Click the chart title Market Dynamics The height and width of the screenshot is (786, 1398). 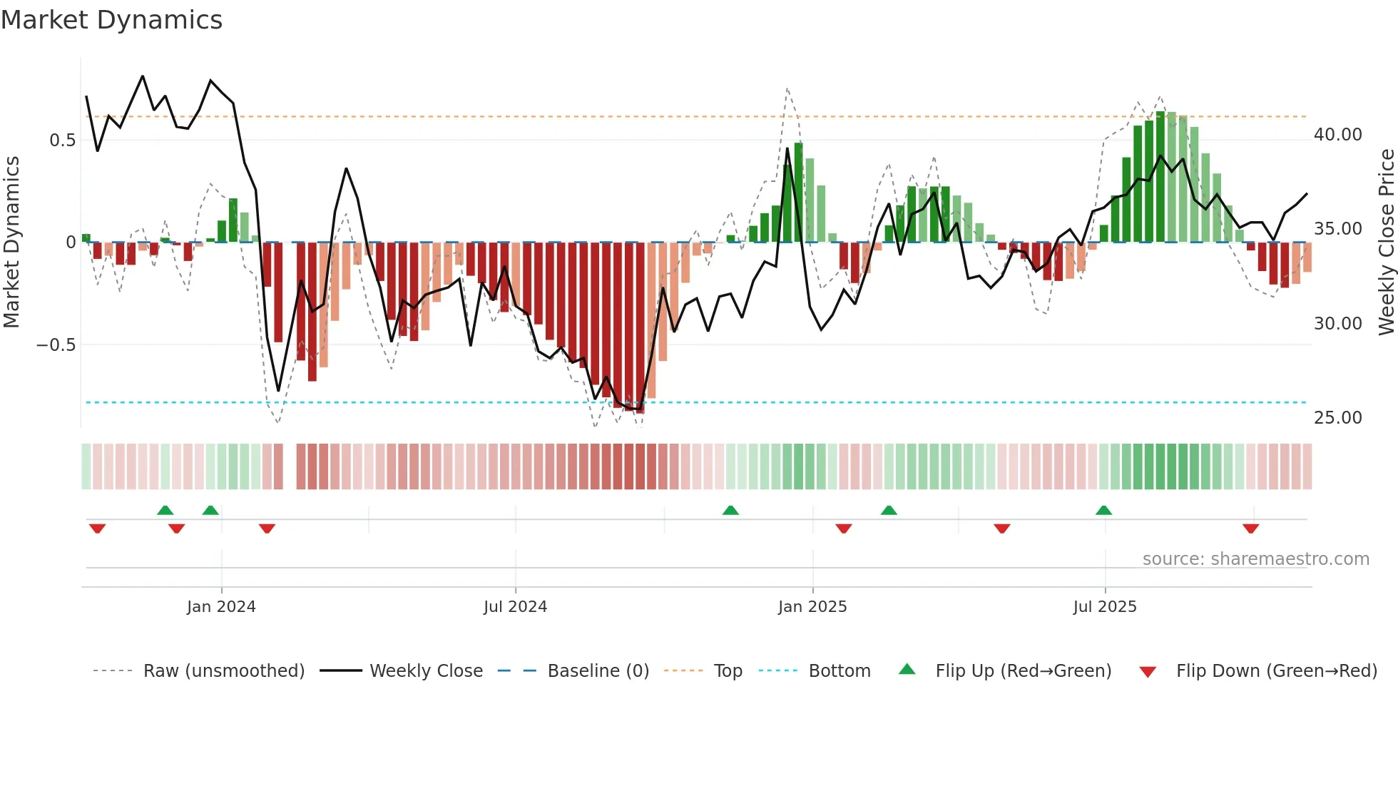click(x=111, y=20)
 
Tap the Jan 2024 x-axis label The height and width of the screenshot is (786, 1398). click(x=221, y=607)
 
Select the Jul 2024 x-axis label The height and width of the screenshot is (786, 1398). click(x=515, y=607)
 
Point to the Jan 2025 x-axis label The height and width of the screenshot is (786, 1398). click(x=812, y=607)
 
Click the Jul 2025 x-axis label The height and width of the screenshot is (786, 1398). click(x=1105, y=607)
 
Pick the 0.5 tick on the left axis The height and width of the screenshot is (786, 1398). click(x=62, y=141)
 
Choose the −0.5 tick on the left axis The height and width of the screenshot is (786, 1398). click(x=56, y=345)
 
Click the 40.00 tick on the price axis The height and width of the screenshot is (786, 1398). click(x=1337, y=135)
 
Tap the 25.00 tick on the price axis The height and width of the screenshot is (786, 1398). click(x=1337, y=418)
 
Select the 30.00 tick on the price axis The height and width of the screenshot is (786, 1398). click(x=1337, y=324)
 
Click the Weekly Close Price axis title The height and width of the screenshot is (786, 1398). click(x=1386, y=242)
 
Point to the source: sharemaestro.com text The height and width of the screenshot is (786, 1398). click(x=1255, y=559)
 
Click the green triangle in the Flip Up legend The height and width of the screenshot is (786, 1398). click(x=907, y=670)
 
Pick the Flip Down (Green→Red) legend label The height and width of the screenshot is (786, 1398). click(x=1276, y=671)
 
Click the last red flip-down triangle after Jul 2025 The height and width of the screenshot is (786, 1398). click(x=1250, y=529)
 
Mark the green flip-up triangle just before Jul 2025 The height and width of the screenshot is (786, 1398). click(x=1103, y=510)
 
